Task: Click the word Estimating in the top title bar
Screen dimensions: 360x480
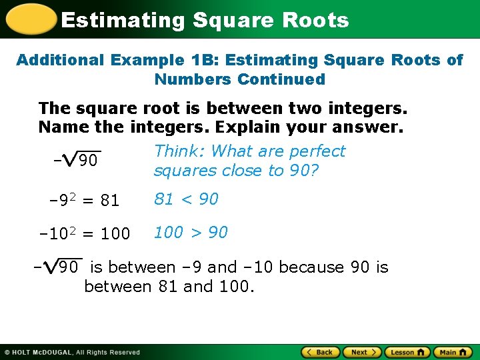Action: [x=123, y=20]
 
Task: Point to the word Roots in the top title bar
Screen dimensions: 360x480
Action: [x=315, y=20]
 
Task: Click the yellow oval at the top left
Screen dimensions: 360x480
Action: [x=30, y=19]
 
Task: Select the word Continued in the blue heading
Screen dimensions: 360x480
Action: [x=281, y=79]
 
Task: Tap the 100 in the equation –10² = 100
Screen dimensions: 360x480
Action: [x=116, y=234]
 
